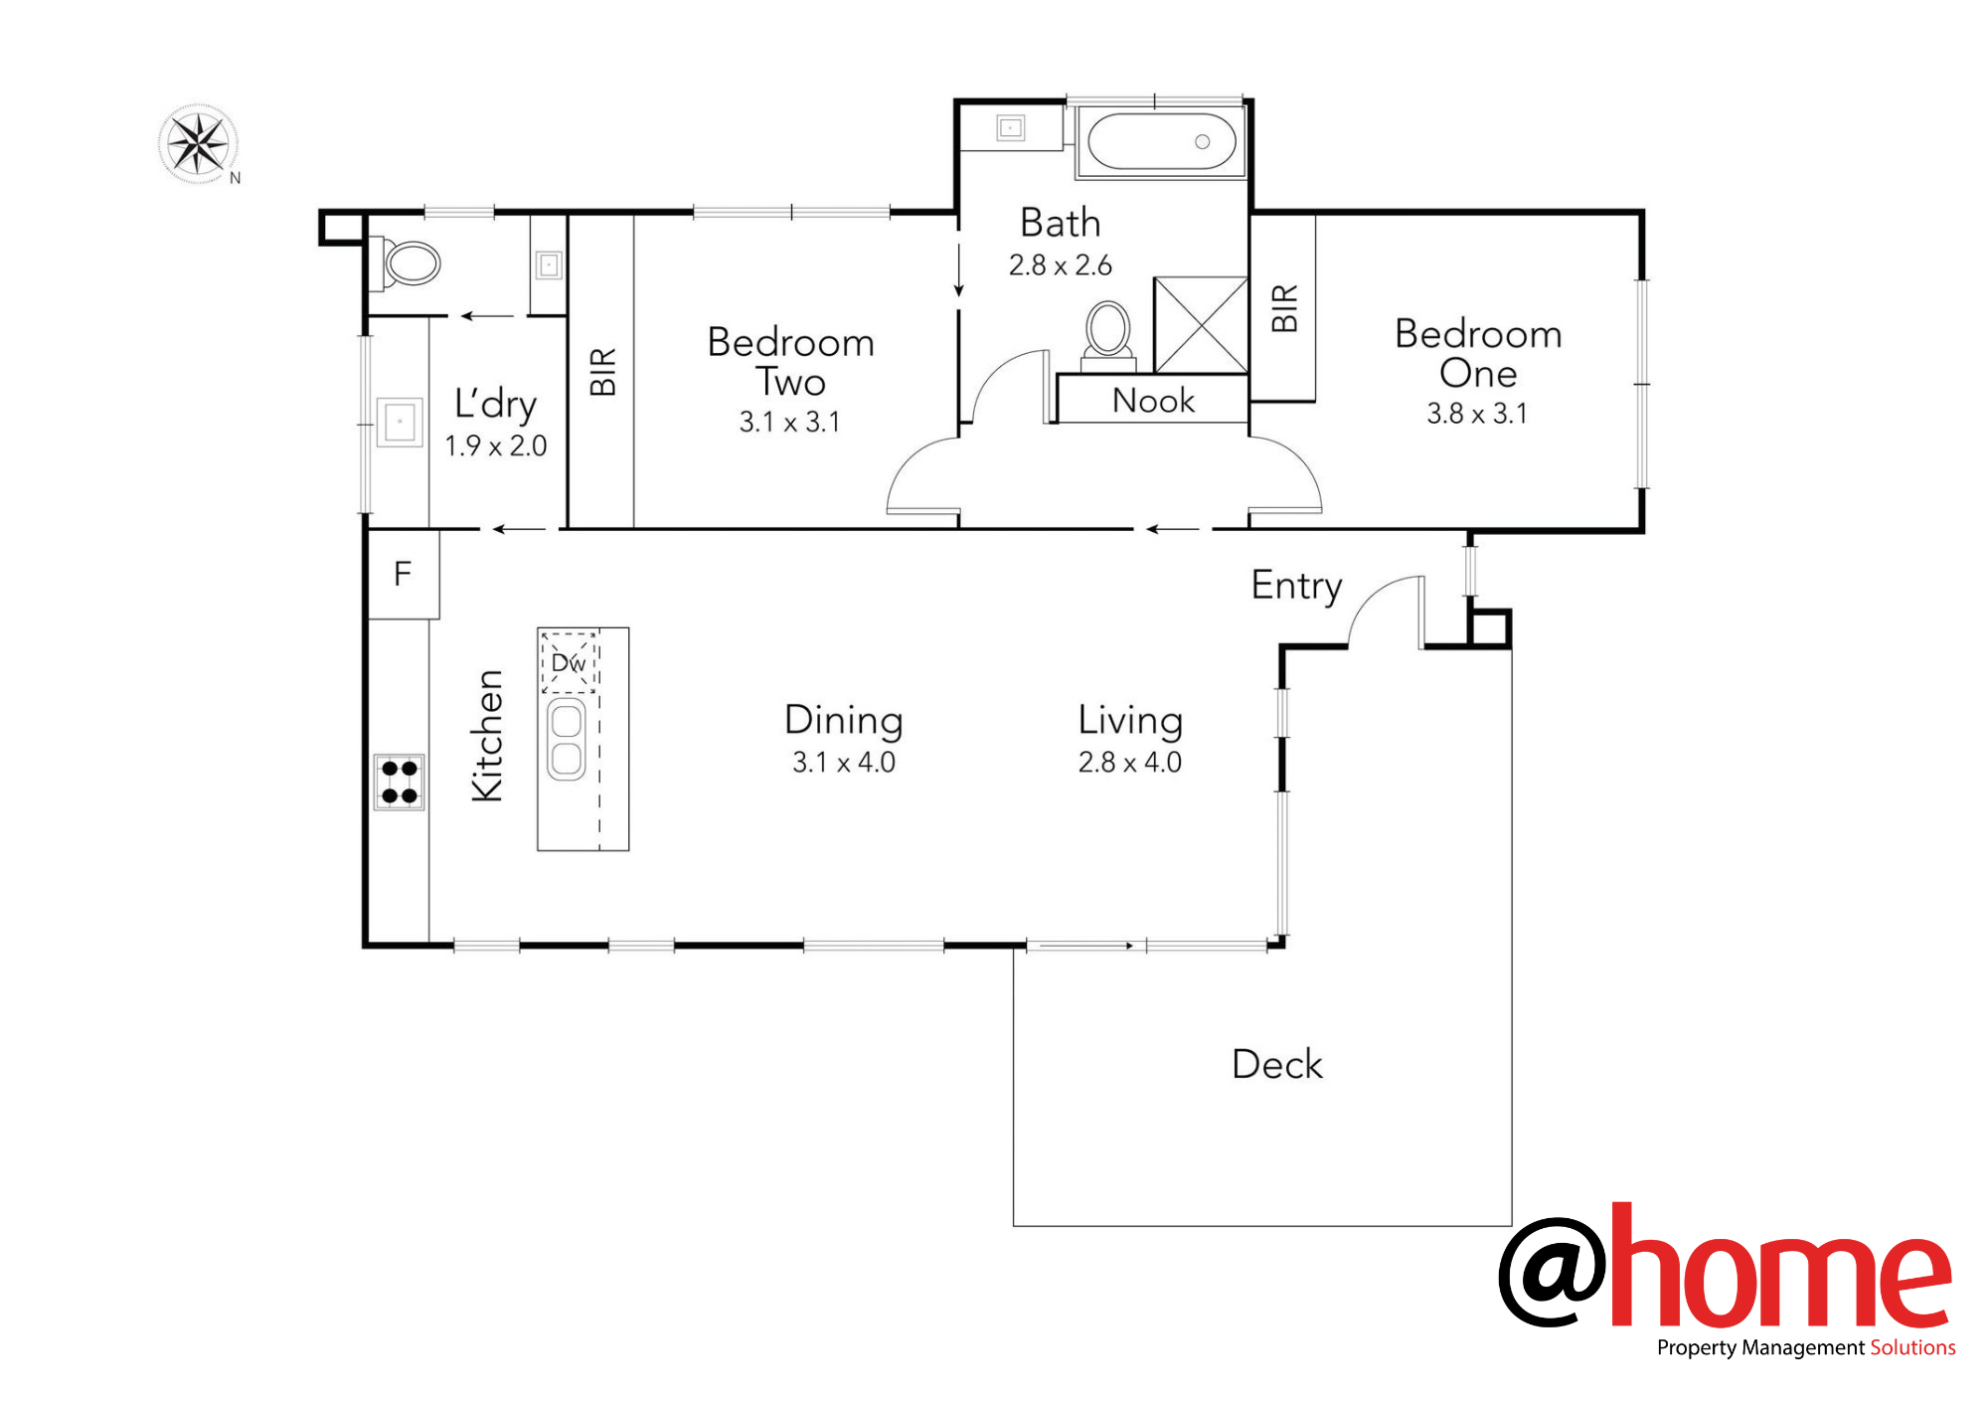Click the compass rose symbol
(199, 144)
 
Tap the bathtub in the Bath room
(1161, 142)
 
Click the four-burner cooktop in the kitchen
(400, 782)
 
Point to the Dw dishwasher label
(569, 662)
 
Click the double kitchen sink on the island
(567, 739)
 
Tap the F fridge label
(403, 574)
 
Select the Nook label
(1153, 400)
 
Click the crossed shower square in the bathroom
(1201, 325)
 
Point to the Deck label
(1277, 1064)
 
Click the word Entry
(1297, 586)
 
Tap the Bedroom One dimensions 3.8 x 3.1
(1477, 414)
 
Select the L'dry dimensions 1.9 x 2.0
(496, 445)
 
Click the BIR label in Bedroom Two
(603, 372)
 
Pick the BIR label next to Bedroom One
(1284, 308)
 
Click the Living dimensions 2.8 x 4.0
(1130, 763)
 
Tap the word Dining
(844, 721)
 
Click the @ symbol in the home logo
(1553, 1272)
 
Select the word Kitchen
(487, 736)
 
